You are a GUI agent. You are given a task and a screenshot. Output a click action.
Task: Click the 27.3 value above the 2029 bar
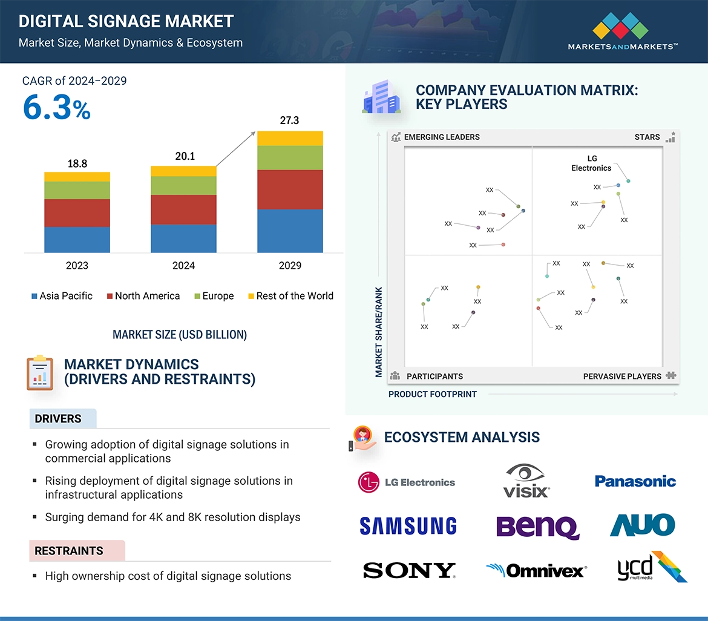tap(289, 120)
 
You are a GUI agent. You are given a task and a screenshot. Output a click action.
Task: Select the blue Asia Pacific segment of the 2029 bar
tap(290, 231)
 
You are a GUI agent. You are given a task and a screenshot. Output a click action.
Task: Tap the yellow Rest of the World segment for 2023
tap(77, 177)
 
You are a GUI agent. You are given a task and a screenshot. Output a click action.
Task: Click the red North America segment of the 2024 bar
tap(183, 209)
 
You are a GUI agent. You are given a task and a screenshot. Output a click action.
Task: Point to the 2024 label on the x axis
tap(183, 265)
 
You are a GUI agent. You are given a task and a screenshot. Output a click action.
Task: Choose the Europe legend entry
tap(214, 296)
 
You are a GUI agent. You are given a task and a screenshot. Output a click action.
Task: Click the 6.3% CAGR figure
tap(56, 107)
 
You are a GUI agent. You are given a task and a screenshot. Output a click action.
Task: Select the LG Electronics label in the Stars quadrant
tap(591, 163)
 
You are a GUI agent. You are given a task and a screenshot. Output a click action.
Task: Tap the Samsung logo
tap(408, 525)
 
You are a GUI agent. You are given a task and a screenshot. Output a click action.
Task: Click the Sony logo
tap(409, 570)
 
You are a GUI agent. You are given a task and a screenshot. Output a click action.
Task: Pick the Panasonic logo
tap(635, 481)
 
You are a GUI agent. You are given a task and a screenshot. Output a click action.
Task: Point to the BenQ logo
tap(537, 526)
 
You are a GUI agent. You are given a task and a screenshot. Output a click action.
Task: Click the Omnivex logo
tap(536, 570)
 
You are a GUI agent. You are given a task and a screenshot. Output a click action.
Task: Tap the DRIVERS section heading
tap(58, 419)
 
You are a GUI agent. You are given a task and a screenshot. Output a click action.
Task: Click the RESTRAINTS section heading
tap(68, 551)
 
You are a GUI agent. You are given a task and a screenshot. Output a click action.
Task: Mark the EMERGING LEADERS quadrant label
tap(441, 137)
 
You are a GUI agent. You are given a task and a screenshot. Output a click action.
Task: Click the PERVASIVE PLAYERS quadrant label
tap(622, 376)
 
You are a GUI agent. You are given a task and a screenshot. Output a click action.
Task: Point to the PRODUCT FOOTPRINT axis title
tap(433, 394)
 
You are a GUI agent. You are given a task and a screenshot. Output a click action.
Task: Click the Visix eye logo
tap(526, 481)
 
